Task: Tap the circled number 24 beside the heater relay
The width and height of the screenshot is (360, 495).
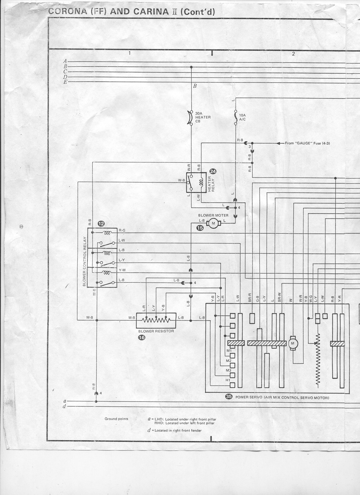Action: point(213,172)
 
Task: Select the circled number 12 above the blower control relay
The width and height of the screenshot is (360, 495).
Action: point(101,224)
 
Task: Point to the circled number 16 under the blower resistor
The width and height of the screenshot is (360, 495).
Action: point(142,337)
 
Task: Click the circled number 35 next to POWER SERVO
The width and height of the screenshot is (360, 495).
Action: point(228,397)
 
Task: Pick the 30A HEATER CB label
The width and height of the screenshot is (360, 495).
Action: point(203,117)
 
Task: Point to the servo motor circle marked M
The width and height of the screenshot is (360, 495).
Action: point(293,343)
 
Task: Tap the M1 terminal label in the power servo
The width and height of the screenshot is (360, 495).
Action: point(228,351)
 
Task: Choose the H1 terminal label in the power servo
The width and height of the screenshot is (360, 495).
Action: point(228,381)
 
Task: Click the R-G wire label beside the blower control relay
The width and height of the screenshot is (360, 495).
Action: point(122,230)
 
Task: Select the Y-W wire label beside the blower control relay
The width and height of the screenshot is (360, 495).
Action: point(122,270)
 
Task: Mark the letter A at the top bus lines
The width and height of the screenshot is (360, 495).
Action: point(65,61)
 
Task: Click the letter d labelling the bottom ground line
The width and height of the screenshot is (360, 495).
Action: point(65,406)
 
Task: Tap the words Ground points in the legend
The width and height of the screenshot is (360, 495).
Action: point(116,419)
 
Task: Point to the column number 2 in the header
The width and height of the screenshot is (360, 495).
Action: point(293,53)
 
